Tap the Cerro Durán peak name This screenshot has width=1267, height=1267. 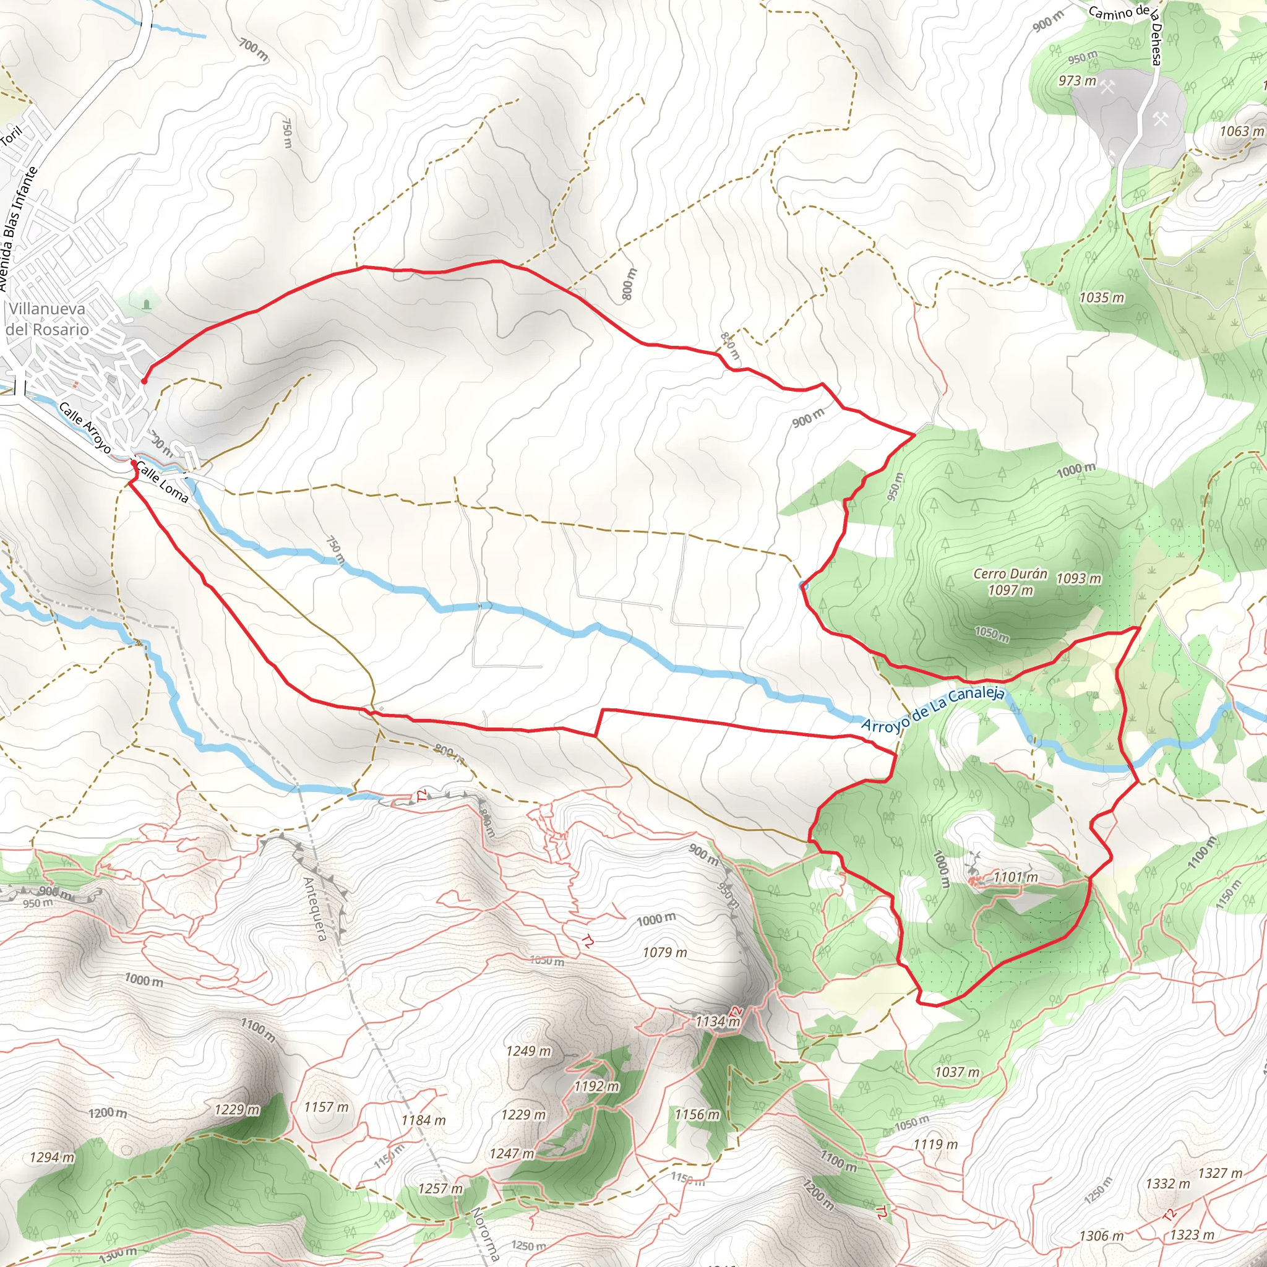(x=1010, y=574)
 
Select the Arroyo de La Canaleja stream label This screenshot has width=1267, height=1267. (x=932, y=710)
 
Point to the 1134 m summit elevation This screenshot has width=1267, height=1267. (x=718, y=1021)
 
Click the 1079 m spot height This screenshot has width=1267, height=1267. (x=664, y=952)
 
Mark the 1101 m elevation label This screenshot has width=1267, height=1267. (x=1015, y=877)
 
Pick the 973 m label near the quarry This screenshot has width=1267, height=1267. (x=1077, y=80)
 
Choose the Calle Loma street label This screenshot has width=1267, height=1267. (x=163, y=483)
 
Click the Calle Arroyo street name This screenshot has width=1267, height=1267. (x=85, y=427)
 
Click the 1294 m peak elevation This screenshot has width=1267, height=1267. (x=52, y=1157)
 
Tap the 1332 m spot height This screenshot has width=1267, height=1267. (x=1167, y=1183)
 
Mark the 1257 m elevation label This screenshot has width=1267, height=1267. (x=440, y=1189)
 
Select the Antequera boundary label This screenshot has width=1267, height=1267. (x=314, y=908)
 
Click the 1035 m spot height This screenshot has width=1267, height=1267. (x=1102, y=298)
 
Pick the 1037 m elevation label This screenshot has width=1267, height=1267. (x=957, y=1072)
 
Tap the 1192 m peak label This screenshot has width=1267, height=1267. (x=596, y=1086)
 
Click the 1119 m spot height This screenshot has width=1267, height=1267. (x=935, y=1145)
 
